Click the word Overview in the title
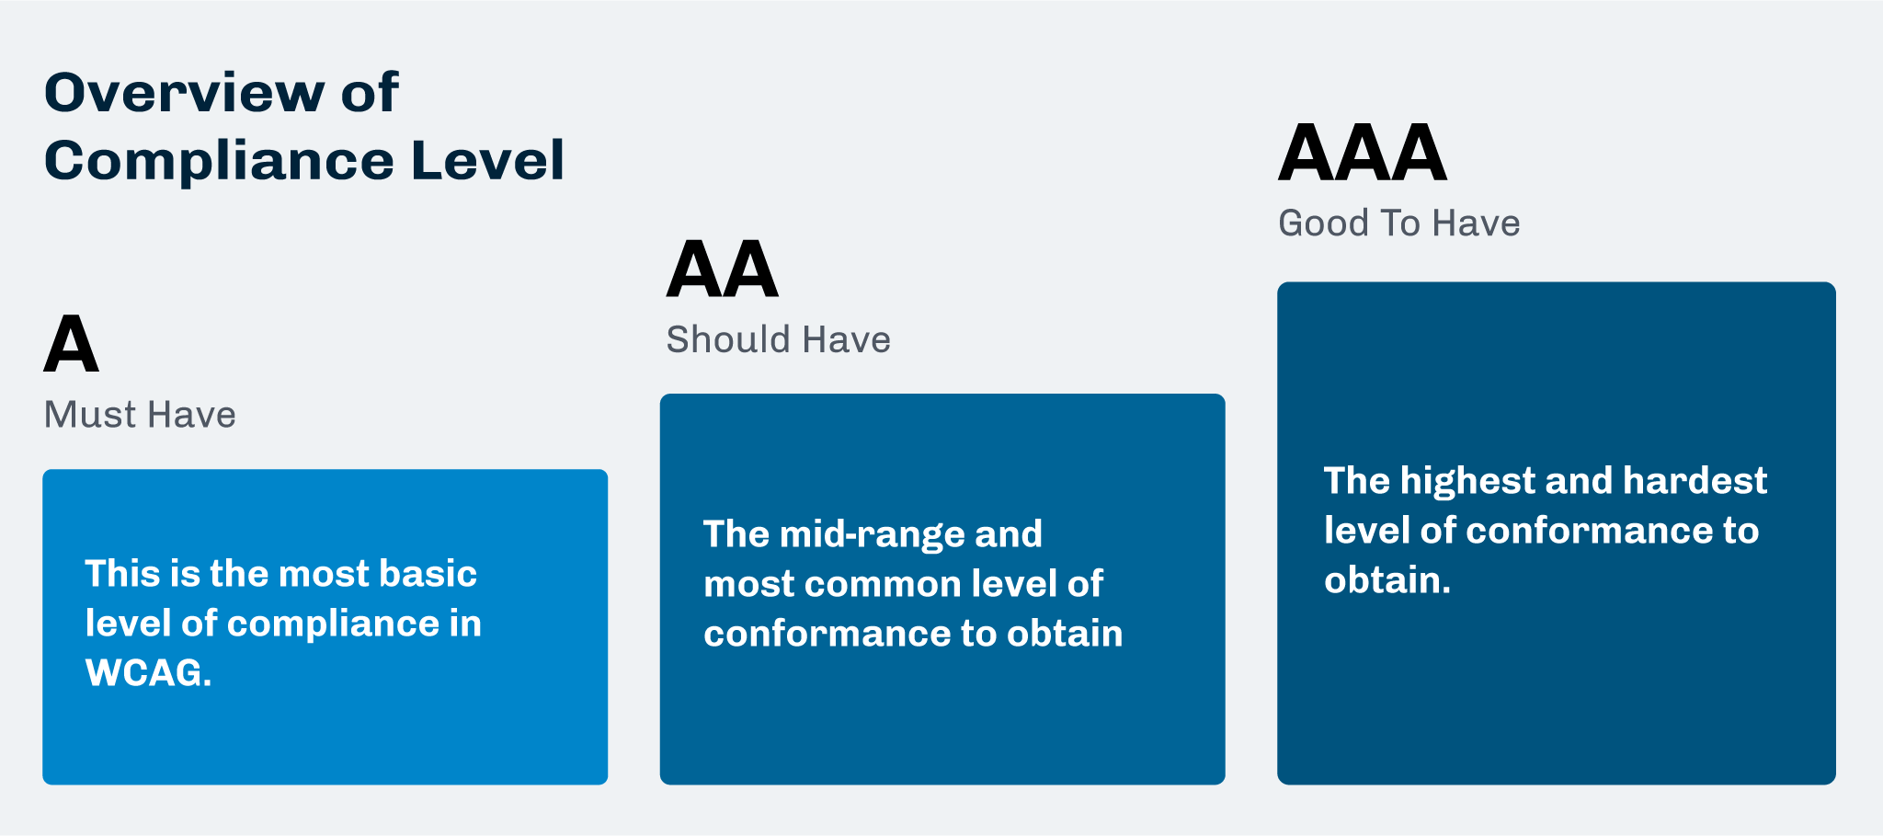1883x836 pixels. point(185,93)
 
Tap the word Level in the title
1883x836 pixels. point(487,161)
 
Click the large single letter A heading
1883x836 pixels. point(71,344)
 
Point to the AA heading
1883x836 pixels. point(723,269)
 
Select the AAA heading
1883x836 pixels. point(1363,154)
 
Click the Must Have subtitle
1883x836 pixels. point(140,415)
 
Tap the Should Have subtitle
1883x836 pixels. point(779,340)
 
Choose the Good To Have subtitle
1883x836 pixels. point(1399,223)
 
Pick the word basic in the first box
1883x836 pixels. point(428,574)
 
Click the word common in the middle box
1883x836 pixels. point(864,585)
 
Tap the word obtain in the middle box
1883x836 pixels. point(1065,634)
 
